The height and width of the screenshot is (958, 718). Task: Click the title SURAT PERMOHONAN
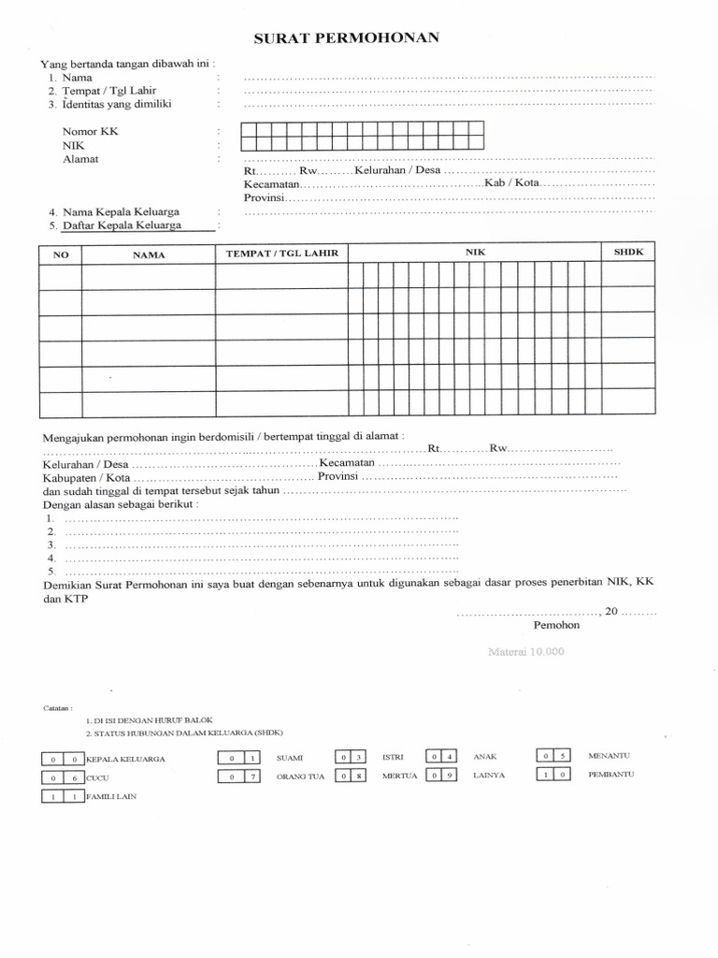tap(346, 38)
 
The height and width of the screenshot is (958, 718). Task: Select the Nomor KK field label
tap(91, 132)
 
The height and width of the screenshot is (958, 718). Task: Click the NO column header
tap(61, 254)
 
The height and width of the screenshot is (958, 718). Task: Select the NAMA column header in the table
tap(148, 254)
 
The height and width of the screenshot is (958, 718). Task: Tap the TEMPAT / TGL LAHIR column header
tap(281, 254)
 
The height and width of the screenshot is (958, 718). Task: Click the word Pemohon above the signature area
tap(556, 625)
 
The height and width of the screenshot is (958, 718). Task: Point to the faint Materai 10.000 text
tap(526, 651)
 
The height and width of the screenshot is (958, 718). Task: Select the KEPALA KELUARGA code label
tap(125, 759)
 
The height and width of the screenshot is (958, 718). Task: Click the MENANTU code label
tap(607, 754)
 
